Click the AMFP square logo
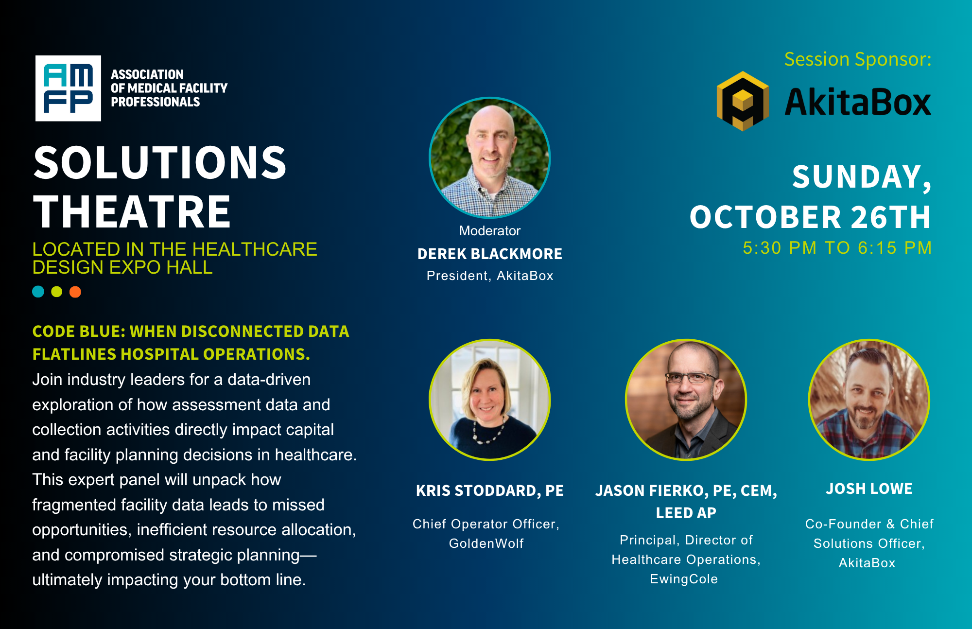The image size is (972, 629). tap(68, 88)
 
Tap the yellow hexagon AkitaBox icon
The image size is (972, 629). tap(743, 101)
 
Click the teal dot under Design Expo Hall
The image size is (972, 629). tap(38, 292)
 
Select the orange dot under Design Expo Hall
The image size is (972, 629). tap(75, 292)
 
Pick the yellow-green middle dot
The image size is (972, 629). tap(57, 292)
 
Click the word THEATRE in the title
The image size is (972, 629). tap(132, 212)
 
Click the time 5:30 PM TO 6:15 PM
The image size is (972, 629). tap(837, 248)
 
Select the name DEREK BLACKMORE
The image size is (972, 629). tap(490, 254)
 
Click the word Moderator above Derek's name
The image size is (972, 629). tap(490, 231)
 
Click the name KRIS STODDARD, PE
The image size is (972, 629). tap(490, 491)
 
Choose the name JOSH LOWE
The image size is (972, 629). tap(869, 489)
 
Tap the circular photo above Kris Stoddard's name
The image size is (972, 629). tap(490, 400)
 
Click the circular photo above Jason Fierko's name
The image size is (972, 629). tap(686, 400)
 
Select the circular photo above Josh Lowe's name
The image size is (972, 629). tap(869, 400)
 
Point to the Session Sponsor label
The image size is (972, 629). tap(858, 59)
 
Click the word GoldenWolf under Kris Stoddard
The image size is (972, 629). tap(486, 543)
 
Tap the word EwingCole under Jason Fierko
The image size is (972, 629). tap(684, 579)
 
